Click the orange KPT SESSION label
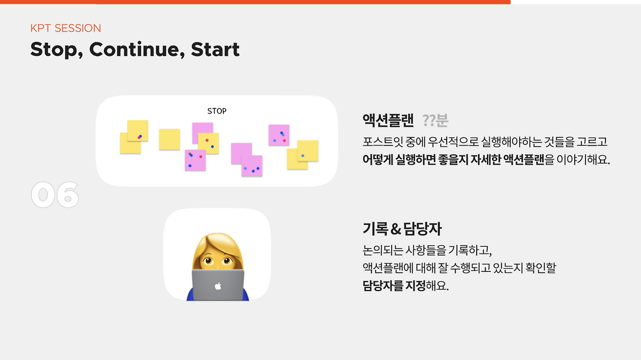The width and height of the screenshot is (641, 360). (x=66, y=28)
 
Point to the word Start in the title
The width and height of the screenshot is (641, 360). (x=215, y=50)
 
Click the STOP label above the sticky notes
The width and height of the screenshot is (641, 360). (x=217, y=111)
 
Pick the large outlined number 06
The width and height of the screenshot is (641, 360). (x=55, y=195)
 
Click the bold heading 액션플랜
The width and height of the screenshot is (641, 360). (x=388, y=121)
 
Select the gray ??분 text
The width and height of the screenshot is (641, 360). (x=435, y=121)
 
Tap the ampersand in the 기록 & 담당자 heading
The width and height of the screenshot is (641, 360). (x=396, y=229)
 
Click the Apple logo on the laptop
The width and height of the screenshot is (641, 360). (x=218, y=286)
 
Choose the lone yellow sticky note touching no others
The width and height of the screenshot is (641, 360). (x=169, y=139)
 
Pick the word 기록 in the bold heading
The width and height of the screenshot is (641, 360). (x=375, y=229)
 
